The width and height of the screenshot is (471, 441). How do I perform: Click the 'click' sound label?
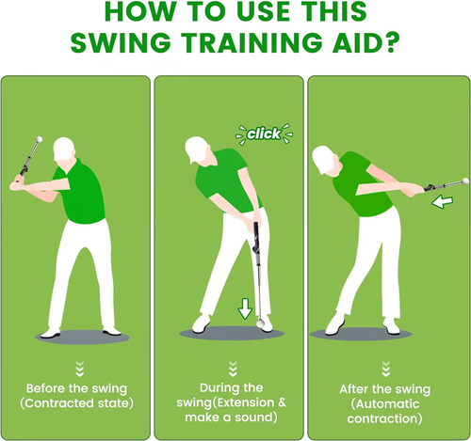click(264, 134)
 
